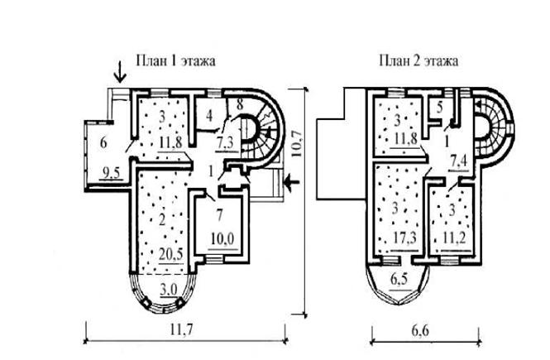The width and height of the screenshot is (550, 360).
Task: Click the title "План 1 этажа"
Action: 175,60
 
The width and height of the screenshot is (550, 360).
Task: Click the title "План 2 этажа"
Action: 418,60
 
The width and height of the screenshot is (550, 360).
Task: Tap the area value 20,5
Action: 171,254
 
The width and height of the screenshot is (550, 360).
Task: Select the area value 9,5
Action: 111,173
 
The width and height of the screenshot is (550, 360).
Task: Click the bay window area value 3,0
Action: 169,290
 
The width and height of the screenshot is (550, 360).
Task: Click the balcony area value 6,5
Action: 400,280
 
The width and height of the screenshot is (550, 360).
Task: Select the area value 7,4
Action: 460,162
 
